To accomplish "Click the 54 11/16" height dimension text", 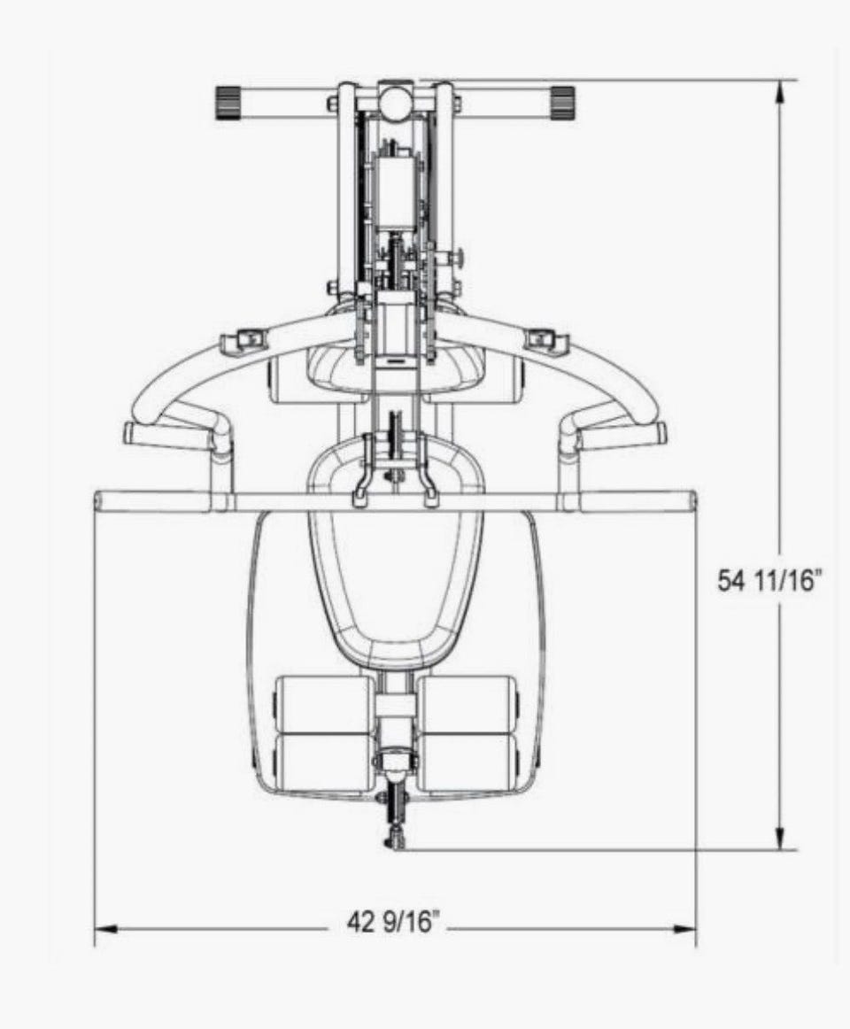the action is click(x=769, y=581).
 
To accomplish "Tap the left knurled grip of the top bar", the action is click(x=228, y=103).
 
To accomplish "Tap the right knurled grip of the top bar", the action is click(x=562, y=102).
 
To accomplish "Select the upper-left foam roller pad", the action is click(x=324, y=705).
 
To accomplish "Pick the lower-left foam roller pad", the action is click(x=324, y=762).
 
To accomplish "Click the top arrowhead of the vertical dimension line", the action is click(x=780, y=91).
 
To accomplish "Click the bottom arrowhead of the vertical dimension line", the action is click(x=780, y=838).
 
